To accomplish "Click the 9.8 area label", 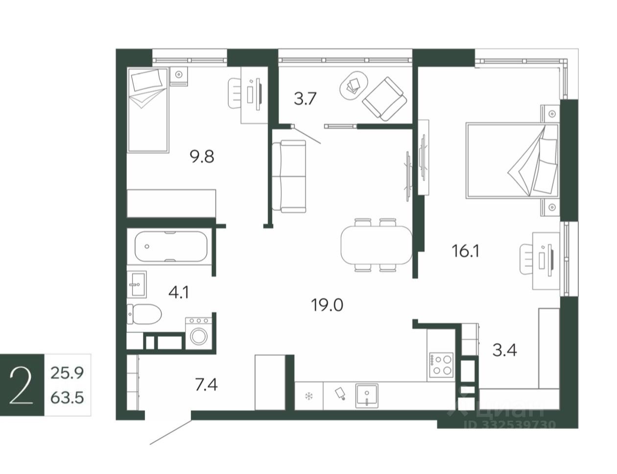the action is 202,157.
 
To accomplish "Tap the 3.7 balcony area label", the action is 305,99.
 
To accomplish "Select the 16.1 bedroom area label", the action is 465,251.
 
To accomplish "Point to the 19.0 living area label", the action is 327,305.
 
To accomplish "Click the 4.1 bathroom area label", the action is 178,292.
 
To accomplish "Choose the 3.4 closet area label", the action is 504,350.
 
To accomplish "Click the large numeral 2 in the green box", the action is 21,385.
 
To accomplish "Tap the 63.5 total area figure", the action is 67,398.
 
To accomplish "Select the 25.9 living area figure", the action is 67,373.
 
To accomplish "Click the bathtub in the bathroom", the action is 170,247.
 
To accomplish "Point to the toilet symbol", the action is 144,314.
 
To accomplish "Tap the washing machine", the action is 199,333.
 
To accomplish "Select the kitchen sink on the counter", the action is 367,396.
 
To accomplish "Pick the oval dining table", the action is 376,245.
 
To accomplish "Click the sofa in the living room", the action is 289,176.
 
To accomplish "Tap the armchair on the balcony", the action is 384,99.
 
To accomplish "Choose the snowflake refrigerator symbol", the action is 308,396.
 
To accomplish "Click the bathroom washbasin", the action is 137,284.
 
